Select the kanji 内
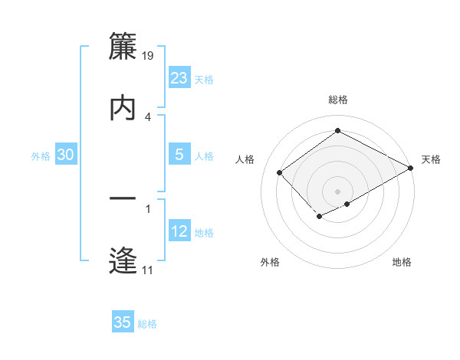point(123,108)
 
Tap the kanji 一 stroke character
point(123,199)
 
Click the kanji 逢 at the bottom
point(123,260)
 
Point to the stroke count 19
point(149,55)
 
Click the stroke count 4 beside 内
point(148,116)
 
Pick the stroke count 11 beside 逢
point(148,270)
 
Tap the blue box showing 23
point(179,78)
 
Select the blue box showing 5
point(179,155)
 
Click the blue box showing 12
point(179,231)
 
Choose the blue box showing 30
point(66,155)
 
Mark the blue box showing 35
point(123,322)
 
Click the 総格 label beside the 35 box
point(147,324)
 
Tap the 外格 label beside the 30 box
point(41,156)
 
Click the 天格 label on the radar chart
point(431,159)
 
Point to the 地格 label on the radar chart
point(402,262)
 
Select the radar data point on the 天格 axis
point(411,168)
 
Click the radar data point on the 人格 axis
point(280,173)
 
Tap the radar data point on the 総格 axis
point(337,131)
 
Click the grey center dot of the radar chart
point(337,191)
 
